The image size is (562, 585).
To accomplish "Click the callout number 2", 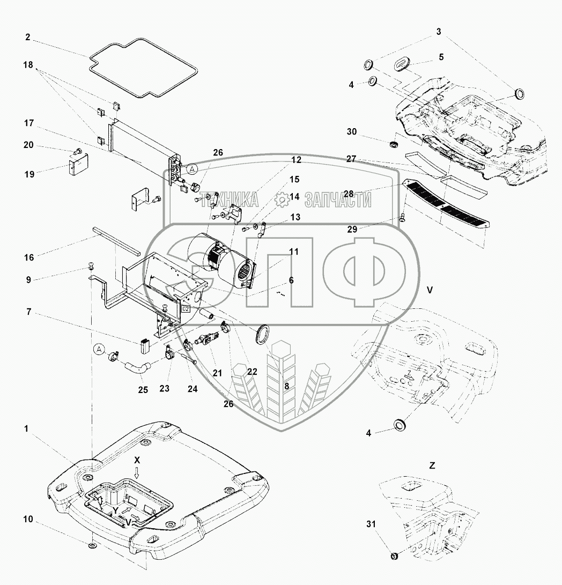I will point(28,38).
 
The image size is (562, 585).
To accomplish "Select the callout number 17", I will point(29,124).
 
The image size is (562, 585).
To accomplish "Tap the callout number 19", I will point(29,174).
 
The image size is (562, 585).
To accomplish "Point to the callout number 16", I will point(29,258).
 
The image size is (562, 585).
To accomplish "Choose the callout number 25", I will point(142,390).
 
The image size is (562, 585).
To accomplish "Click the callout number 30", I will point(351,132).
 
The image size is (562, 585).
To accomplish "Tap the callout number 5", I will point(441,56).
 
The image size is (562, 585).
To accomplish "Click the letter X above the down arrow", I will point(137,461).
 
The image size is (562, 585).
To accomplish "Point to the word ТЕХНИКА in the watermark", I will point(230,201).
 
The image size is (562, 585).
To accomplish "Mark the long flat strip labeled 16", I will point(115,240).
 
